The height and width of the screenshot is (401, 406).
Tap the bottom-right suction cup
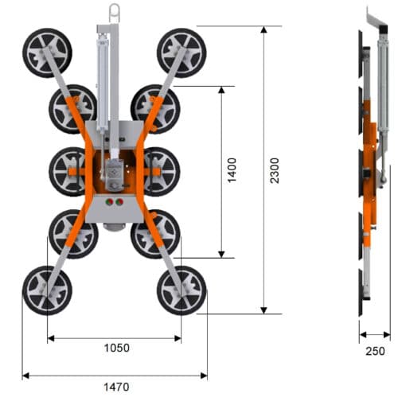[x=182, y=290]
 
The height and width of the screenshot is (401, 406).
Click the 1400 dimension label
[x=231, y=171]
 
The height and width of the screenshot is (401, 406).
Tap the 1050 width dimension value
[x=116, y=348]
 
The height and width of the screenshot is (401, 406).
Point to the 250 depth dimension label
[x=374, y=351]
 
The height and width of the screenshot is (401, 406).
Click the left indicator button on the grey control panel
[x=108, y=202]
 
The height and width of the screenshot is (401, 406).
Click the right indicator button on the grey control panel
[x=120, y=202]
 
